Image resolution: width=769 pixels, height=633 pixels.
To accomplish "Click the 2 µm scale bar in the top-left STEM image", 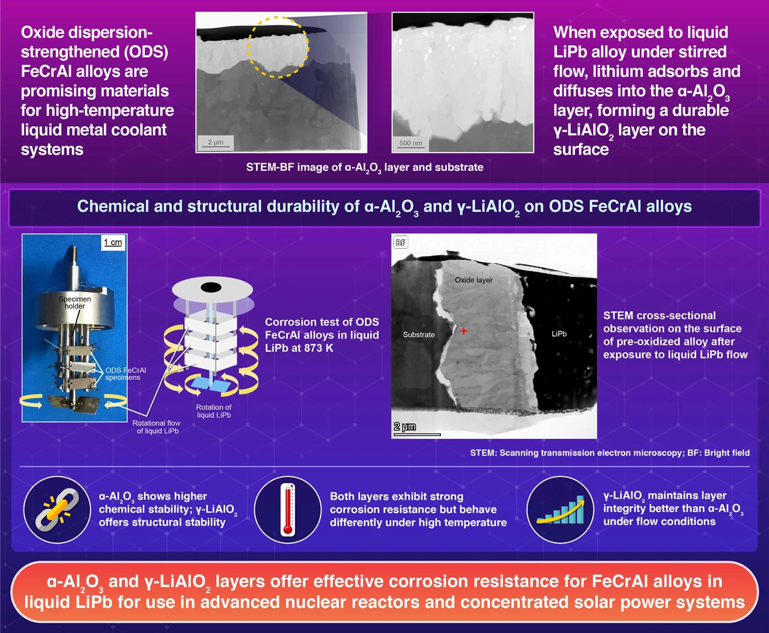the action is click(215, 147).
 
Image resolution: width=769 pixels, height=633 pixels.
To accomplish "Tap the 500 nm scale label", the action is click(410, 143).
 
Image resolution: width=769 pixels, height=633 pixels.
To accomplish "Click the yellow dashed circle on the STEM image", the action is click(278, 47).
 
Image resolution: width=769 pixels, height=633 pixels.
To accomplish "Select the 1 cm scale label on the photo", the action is click(113, 242).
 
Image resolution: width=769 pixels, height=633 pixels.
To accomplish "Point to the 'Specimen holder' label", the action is click(74, 302).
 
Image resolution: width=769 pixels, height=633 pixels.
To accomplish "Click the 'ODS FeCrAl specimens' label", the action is click(126, 373).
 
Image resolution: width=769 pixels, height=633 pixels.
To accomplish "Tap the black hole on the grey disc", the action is click(211, 287).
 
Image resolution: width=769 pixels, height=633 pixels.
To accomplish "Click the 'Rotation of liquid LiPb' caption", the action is click(214, 411).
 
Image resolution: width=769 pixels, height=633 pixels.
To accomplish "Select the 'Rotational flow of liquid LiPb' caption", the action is click(157, 427).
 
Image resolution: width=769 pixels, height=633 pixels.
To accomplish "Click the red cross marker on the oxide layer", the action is click(463, 331).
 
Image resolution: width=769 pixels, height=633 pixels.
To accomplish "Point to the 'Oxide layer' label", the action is click(473, 280).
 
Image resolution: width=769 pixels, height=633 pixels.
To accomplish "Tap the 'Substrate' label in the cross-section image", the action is click(419, 335).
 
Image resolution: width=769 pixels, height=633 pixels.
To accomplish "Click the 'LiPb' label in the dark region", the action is click(559, 334).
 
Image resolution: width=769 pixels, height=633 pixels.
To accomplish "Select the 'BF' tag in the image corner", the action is click(400, 243).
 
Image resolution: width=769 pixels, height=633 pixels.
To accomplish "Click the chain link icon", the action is click(57, 510).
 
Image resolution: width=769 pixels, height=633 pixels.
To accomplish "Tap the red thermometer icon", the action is click(288, 510).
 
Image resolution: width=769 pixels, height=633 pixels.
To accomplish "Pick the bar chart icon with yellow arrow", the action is click(561, 510).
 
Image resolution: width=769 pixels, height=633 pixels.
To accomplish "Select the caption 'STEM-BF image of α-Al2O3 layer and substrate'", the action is click(365, 168).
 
